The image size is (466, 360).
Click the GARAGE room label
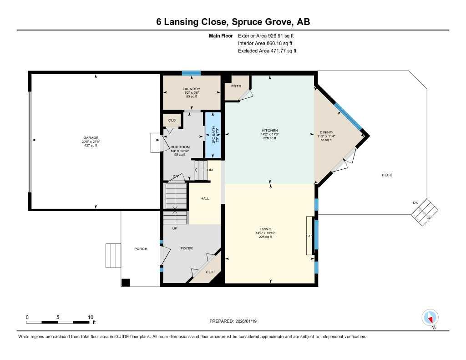pos(91,138)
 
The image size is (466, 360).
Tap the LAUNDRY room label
pos(191,89)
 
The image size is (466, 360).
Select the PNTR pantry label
pos(236,86)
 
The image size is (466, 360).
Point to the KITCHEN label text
pos(270,131)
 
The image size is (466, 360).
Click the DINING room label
pos(326,132)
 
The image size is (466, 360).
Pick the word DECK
pos(387,175)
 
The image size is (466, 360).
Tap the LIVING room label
pos(265,229)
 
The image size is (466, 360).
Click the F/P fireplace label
pos(309,236)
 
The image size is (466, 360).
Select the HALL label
pos(205,198)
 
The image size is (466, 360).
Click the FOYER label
pos(187,248)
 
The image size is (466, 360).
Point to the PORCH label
pos(141,248)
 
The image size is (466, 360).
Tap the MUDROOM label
pos(180,147)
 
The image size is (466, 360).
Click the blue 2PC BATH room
pos(213,135)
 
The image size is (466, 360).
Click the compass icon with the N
pos(430,317)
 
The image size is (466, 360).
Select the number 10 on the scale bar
pos(91,317)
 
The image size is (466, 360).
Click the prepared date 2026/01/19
pos(249,321)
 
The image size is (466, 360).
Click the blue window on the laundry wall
pos(191,73)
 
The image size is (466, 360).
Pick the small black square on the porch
pos(126,282)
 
